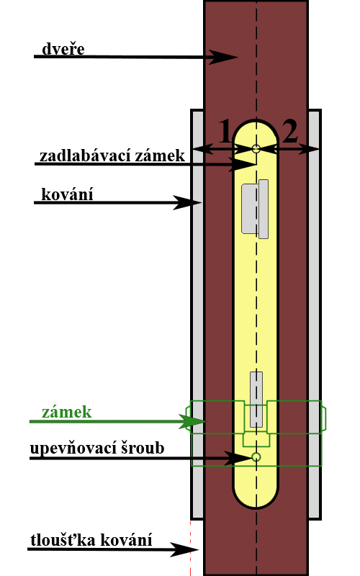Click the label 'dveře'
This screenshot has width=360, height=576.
pyautogui.click(x=63, y=49)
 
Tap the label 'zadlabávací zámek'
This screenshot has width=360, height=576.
pyautogui.click(x=112, y=156)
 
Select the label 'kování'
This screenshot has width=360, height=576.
pyautogui.click(x=67, y=194)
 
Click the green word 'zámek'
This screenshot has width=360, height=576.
pyautogui.click(x=66, y=412)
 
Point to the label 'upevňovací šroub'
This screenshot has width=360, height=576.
pyautogui.click(x=97, y=448)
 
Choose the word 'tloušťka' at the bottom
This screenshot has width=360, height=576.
pyautogui.click(x=62, y=540)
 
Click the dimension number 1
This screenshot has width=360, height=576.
pyautogui.click(x=225, y=132)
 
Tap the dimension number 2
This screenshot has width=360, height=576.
pyautogui.click(x=290, y=132)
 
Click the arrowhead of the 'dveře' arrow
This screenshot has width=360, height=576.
pyautogui.click(x=223, y=57)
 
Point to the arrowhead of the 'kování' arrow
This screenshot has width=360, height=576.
pyautogui.click(x=187, y=202)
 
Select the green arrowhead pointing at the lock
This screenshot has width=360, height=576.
pyautogui.click(x=192, y=422)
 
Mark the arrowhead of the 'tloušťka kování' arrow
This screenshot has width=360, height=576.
pyautogui.click(x=184, y=549)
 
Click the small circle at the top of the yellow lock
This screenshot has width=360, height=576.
pyautogui.click(x=256, y=149)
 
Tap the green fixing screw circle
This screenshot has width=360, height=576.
pyautogui.click(x=256, y=457)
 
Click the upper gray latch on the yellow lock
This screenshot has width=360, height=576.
pyautogui.click(x=255, y=209)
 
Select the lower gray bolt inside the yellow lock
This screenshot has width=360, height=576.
pyautogui.click(x=256, y=400)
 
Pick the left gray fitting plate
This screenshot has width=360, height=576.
pyautogui.click(x=197, y=314)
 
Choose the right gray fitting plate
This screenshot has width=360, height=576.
pyautogui.click(x=315, y=314)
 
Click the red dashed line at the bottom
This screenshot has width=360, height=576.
pyautogui.click(x=190, y=548)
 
